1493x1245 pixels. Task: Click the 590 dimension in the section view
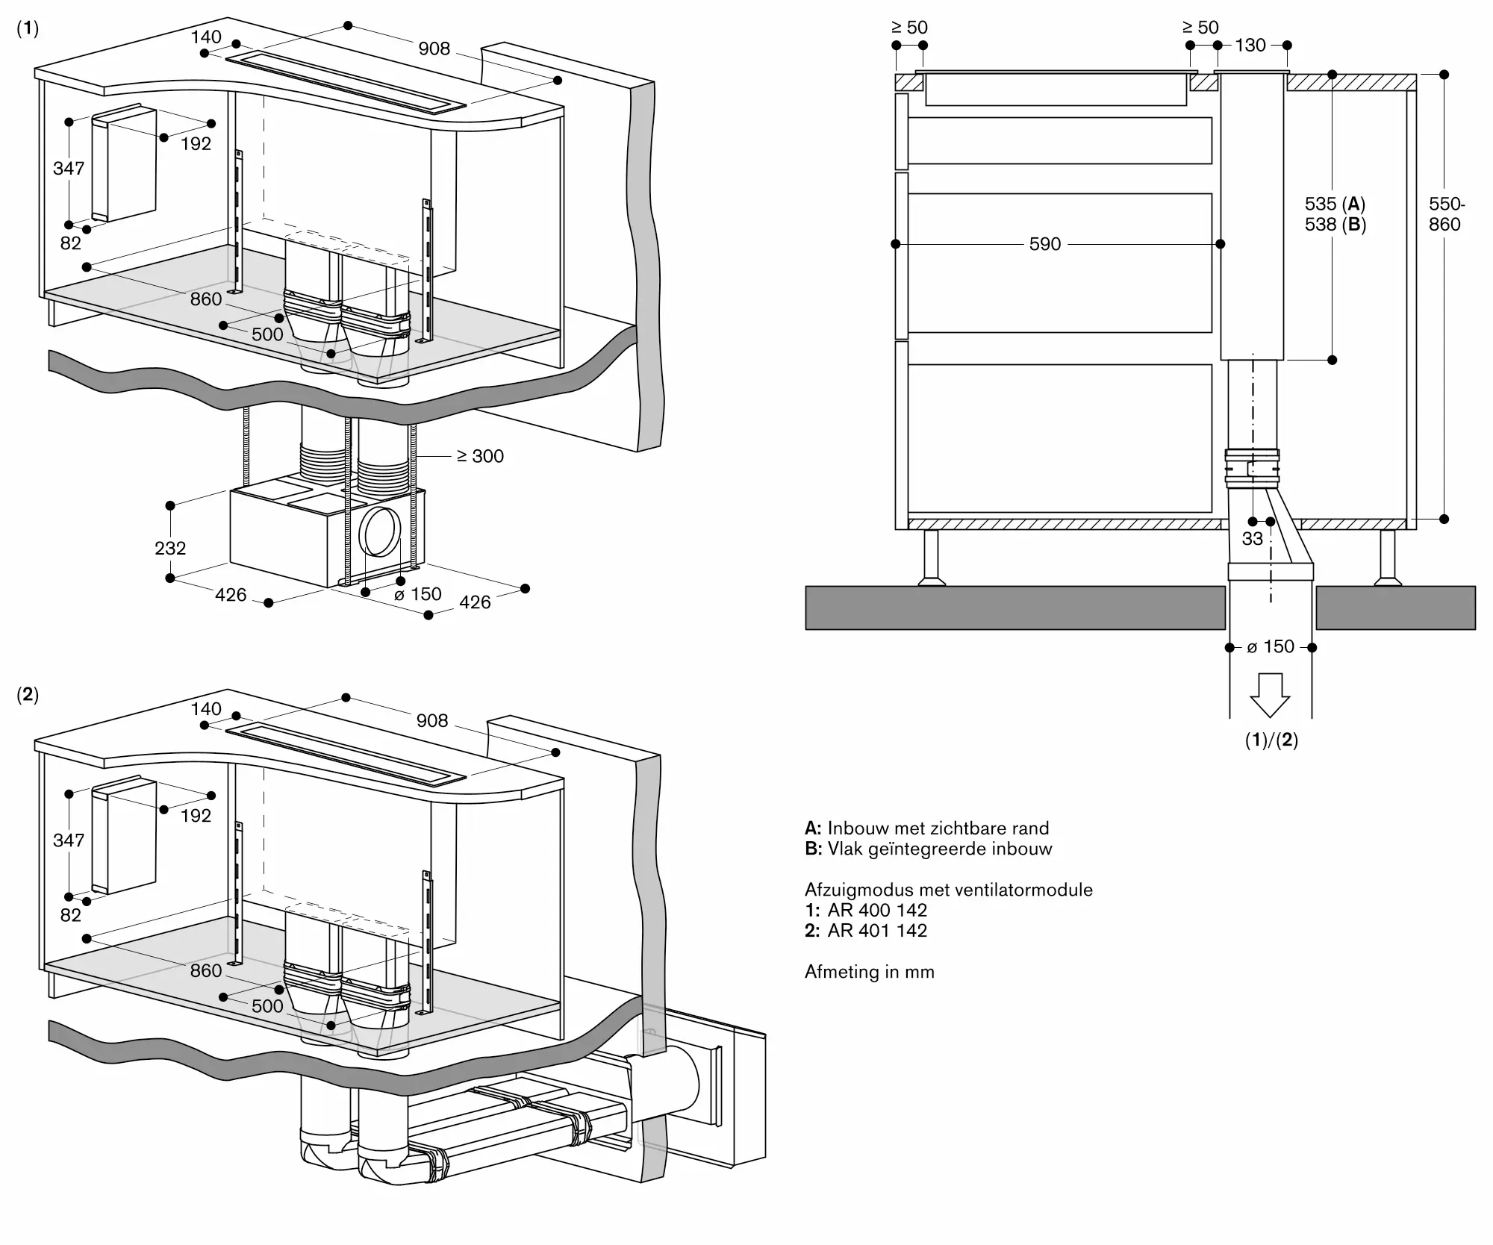point(1044,244)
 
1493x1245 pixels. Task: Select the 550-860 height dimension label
point(1446,214)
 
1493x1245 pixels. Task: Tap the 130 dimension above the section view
point(1250,46)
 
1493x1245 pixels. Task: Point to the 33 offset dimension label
point(1252,538)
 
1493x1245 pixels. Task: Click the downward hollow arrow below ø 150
point(1270,695)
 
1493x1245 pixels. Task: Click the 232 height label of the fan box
point(170,548)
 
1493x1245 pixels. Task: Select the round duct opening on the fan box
point(380,531)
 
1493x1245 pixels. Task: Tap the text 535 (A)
point(1335,204)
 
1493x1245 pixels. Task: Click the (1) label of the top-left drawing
point(28,28)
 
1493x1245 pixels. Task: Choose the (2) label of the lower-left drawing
point(28,695)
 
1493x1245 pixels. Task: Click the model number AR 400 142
point(877,910)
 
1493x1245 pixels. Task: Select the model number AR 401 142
point(877,930)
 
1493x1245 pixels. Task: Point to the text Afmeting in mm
point(870,972)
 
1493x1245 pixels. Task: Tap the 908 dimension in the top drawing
point(434,49)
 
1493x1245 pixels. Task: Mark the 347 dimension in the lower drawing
point(69,840)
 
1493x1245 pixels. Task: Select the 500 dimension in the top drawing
point(267,334)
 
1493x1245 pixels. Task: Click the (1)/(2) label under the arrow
point(1271,740)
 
